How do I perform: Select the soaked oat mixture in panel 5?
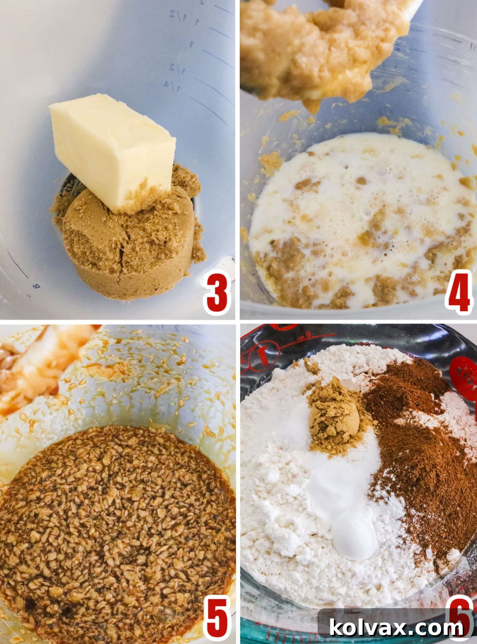tap(115, 529)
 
